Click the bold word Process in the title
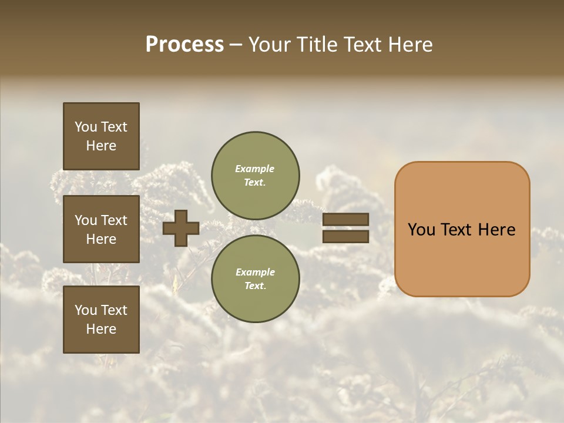(184, 45)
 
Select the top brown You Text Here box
(101, 136)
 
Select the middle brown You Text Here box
(101, 229)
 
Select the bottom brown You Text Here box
(101, 319)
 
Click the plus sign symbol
(181, 228)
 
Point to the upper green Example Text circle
(255, 175)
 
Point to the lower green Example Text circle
(255, 278)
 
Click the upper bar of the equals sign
(345, 220)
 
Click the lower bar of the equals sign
(345, 236)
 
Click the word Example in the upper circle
(255, 169)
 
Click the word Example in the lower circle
(255, 272)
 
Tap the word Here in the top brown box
(101, 146)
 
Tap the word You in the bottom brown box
(86, 310)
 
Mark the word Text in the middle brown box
(114, 220)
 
